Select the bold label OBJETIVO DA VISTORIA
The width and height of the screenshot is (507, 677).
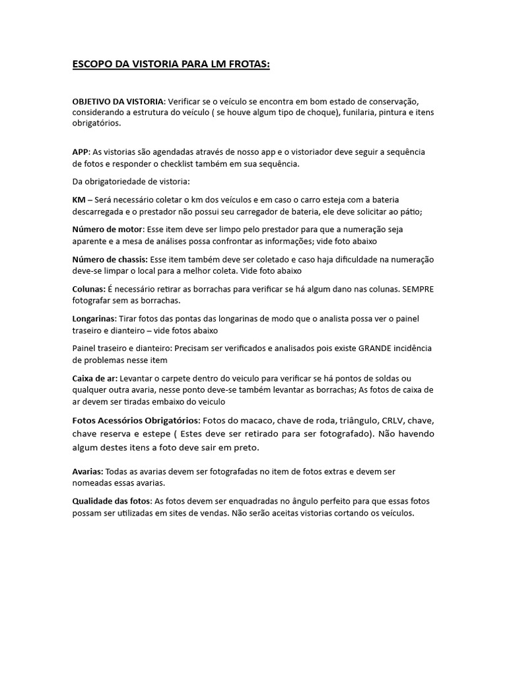coord(118,102)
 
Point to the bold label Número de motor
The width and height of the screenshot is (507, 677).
coord(108,229)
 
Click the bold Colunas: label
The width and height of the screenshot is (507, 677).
coord(89,289)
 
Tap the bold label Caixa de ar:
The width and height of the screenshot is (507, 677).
coord(94,378)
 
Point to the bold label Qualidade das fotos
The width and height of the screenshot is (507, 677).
coord(111,501)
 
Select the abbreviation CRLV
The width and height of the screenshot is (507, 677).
coord(394,420)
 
